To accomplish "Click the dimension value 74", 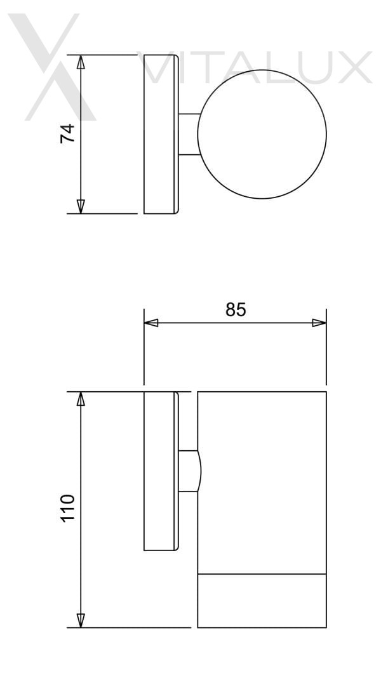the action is (67, 133).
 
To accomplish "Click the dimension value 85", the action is (236, 309).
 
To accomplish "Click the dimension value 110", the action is (67, 507).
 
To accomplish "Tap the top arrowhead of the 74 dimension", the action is (81, 62).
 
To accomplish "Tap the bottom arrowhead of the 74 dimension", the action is (81, 206).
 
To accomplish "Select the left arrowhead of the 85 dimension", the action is (151, 323).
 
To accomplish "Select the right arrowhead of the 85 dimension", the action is (319, 323).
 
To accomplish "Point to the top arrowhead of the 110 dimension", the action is (81, 399).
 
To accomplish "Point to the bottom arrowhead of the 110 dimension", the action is (81, 620).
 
